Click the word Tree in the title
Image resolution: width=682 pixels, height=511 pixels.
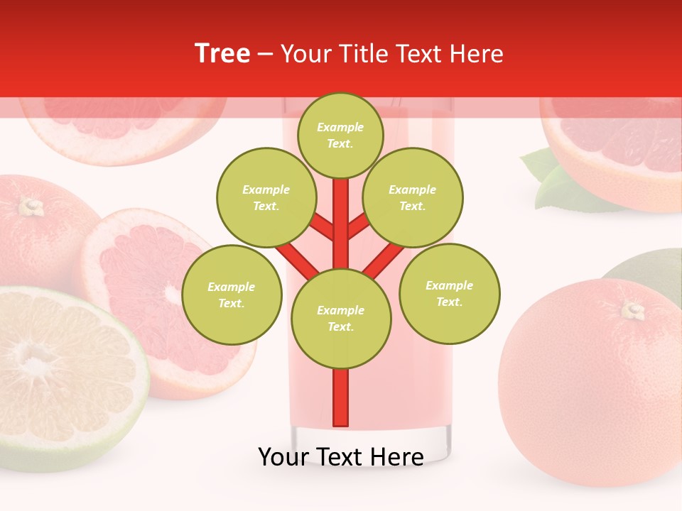click(222, 54)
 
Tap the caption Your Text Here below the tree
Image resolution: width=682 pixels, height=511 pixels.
click(341, 457)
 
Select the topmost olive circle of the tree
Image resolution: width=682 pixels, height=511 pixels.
click(340, 135)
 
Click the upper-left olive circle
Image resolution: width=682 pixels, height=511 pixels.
click(266, 197)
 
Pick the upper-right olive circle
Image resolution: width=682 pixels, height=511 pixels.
click(413, 197)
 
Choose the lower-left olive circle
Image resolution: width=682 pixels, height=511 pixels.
click(232, 295)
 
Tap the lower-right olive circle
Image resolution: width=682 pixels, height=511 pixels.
click(450, 293)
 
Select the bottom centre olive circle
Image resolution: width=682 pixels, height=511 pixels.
click(341, 319)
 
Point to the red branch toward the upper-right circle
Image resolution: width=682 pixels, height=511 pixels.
click(358, 226)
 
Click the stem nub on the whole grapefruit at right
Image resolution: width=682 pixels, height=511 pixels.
click(633, 309)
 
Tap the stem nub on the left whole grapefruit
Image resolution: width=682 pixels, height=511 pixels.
click(30, 207)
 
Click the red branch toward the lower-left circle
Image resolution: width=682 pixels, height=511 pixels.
click(297, 258)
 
